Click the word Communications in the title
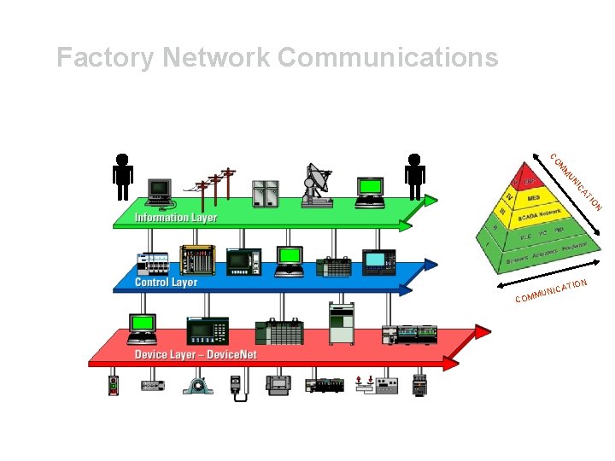pyautogui.click(x=388, y=58)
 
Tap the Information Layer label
pyautogui.click(x=176, y=218)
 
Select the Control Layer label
pyautogui.click(x=167, y=282)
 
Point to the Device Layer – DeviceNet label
pyautogui.click(x=196, y=354)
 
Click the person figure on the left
pyautogui.click(x=123, y=175)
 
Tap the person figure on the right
pyautogui.click(x=415, y=175)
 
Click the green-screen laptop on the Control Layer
pyautogui.click(x=289, y=260)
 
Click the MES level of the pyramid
pyautogui.click(x=534, y=198)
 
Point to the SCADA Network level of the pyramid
pyautogui.click(x=537, y=216)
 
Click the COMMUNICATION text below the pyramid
pyautogui.click(x=551, y=292)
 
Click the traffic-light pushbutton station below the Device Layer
pyautogui.click(x=114, y=385)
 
